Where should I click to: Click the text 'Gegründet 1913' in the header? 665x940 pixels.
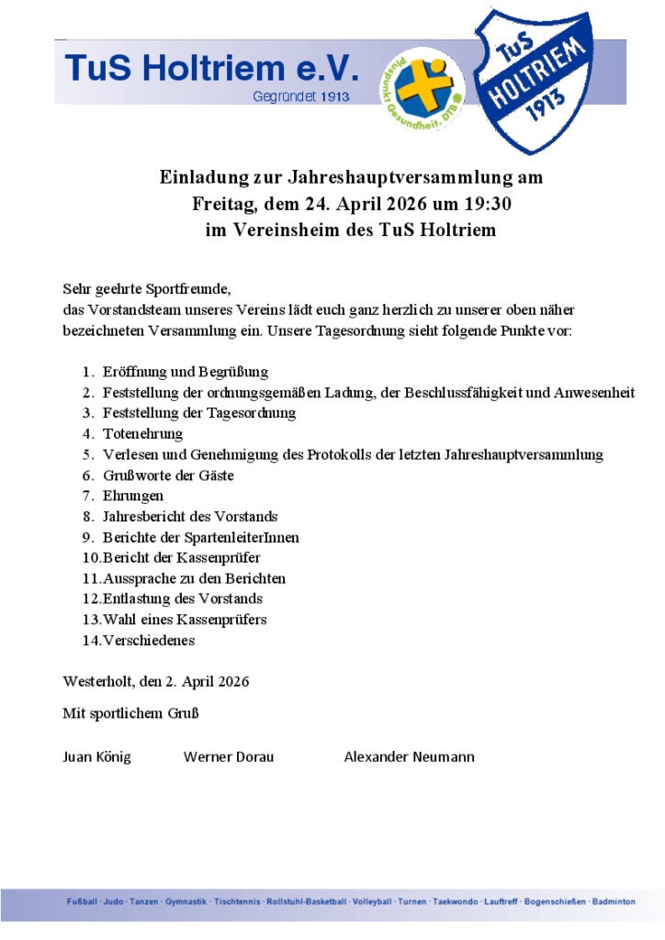(300, 97)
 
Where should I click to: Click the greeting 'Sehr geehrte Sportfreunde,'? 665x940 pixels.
(141, 288)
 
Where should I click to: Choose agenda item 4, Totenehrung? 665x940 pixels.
(143, 433)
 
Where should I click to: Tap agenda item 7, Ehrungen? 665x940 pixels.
(133, 496)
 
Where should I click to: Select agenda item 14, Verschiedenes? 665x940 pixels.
(149, 641)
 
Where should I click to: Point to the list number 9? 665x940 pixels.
(87, 537)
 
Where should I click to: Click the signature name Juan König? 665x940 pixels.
(96, 757)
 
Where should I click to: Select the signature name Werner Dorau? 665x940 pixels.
(229, 757)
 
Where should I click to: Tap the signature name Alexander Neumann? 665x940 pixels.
(409, 757)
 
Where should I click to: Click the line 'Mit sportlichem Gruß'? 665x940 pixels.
(130, 713)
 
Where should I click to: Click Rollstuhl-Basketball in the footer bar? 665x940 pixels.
(306, 901)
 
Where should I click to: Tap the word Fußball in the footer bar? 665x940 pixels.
(81, 901)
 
